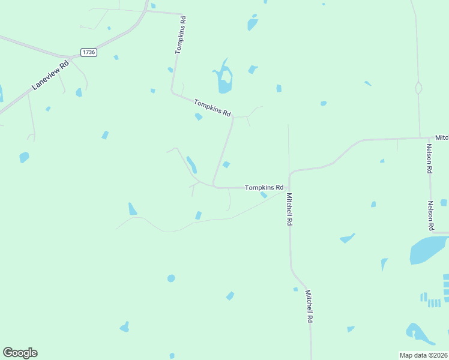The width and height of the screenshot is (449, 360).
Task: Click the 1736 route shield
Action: tap(89, 53)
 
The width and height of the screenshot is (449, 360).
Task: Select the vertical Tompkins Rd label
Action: tap(180, 35)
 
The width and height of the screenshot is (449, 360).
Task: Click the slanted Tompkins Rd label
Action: tap(212, 108)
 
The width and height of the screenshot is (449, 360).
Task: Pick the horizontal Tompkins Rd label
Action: tap(264, 187)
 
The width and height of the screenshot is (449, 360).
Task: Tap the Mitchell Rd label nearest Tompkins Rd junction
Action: tap(289, 209)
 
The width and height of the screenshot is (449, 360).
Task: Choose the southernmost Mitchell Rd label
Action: tap(309, 307)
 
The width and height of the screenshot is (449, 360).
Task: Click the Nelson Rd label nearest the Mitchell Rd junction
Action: tap(429, 158)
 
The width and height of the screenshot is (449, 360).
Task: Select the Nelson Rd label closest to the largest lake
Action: tap(430, 215)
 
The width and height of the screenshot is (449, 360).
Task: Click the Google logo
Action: tap(20, 353)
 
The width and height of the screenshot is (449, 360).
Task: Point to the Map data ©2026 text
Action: tap(424, 355)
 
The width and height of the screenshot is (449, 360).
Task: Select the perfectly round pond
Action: tap(171, 278)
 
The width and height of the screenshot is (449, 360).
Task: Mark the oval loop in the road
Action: tap(418, 88)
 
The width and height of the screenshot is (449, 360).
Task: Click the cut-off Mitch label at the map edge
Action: tap(442, 138)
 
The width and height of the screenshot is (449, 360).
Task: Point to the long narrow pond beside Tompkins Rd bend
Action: tap(191, 164)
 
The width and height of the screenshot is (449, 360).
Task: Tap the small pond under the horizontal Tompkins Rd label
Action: tap(264, 195)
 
